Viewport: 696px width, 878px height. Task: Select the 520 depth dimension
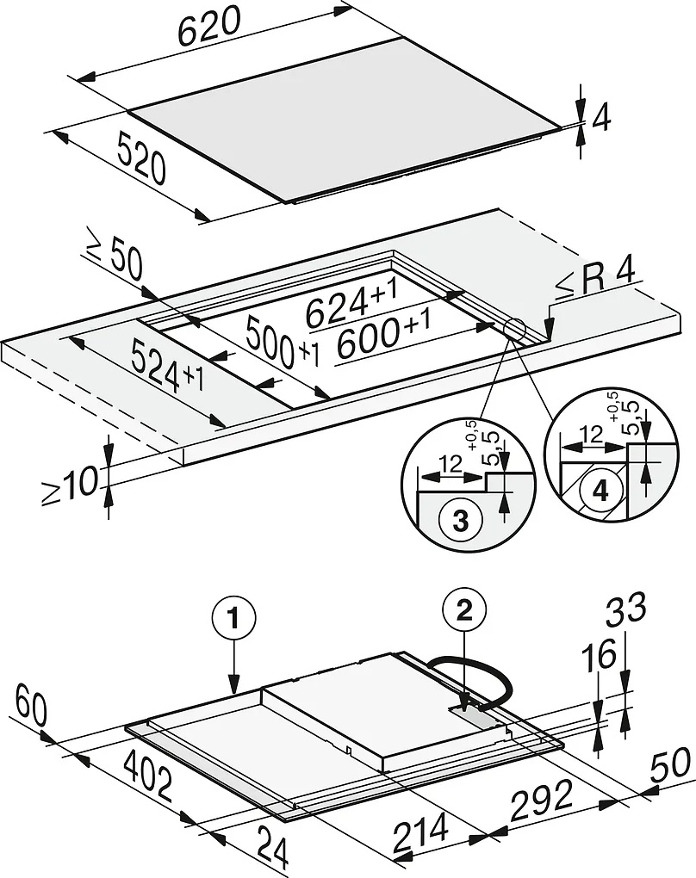point(142,161)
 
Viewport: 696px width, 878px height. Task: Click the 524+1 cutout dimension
point(166,367)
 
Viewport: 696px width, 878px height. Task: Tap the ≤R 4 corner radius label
point(595,277)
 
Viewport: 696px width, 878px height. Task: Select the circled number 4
point(599,492)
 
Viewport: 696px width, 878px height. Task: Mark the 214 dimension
point(421,833)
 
